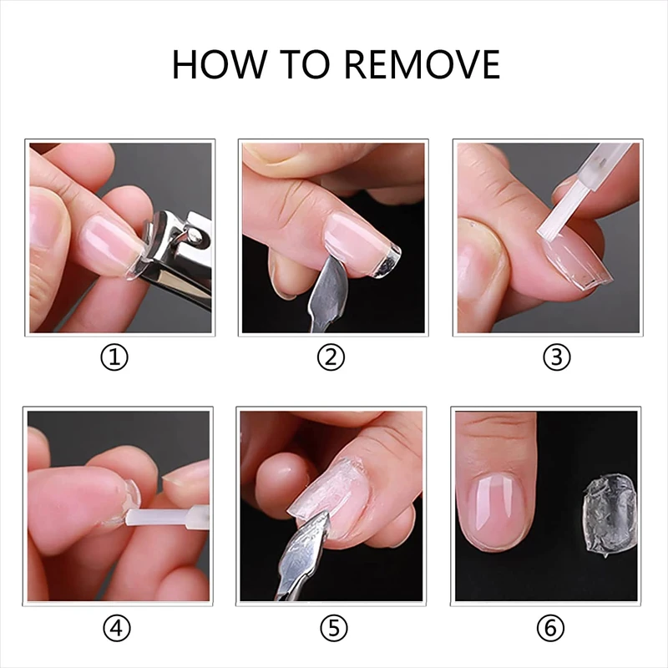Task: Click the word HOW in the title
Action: point(218,64)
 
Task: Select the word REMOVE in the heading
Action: point(422,64)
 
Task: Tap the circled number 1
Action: point(114,357)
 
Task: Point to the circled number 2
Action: point(331,357)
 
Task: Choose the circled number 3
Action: point(556,357)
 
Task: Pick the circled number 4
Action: point(117,628)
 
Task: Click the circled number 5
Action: point(333,628)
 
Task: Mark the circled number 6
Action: point(550,628)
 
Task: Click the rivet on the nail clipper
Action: point(196,235)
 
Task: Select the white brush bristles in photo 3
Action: point(559,213)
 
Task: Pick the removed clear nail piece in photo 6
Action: point(610,516)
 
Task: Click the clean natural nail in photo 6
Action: point(495,511)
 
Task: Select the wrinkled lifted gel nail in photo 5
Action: point(328,486)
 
